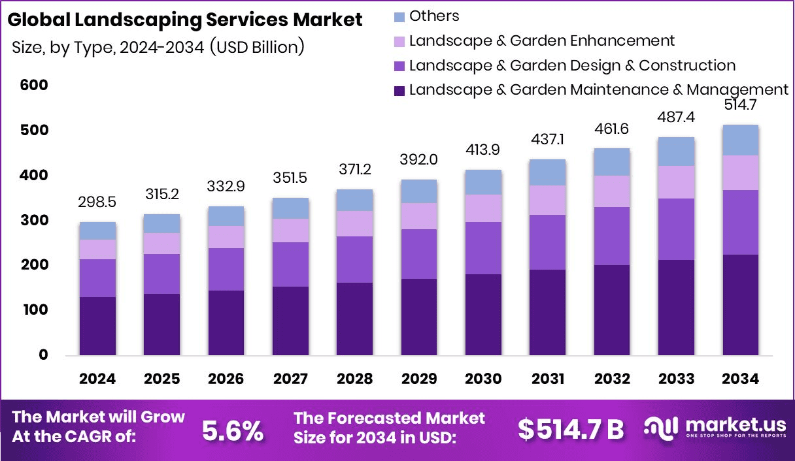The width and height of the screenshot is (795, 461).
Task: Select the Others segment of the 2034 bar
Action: (741, 140)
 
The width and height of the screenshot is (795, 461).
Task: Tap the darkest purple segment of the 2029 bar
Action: (419, 317)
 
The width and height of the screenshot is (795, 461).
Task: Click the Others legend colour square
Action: (399, 16)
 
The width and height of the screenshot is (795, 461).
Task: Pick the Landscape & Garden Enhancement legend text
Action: (541, 40)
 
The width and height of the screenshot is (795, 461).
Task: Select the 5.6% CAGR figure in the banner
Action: (232, 430)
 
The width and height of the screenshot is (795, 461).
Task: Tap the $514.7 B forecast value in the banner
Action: (571, 430)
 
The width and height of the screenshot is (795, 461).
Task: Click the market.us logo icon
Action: (662, 428)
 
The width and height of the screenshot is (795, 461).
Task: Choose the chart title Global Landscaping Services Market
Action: (184, 20)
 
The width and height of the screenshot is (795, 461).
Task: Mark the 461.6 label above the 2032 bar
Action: (612, 129)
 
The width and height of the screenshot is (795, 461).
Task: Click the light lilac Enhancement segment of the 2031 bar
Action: (548, 200)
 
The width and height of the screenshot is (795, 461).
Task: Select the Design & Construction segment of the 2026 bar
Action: (226, 269)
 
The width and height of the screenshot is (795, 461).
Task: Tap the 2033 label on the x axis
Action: (677, 379)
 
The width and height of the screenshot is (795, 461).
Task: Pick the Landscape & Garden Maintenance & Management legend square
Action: (399, 90)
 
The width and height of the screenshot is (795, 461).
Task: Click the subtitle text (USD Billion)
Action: (258, 48)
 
